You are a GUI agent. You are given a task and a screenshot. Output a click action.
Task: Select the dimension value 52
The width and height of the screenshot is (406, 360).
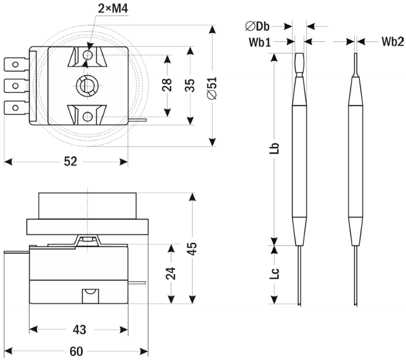tap(70, 161)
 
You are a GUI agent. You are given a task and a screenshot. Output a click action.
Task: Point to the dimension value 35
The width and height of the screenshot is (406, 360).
tap(189, 85)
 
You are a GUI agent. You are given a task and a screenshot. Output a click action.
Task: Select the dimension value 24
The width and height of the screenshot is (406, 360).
tap(171, 274)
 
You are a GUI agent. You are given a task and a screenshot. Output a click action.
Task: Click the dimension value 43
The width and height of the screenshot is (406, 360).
tap(79, 330)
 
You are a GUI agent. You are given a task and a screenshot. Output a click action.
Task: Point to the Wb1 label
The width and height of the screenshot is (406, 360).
tap(260, 42)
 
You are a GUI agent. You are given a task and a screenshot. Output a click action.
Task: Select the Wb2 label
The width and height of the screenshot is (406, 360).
tap(392, 42)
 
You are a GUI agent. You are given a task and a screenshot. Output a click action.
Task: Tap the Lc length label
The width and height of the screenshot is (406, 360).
tap(275, 275)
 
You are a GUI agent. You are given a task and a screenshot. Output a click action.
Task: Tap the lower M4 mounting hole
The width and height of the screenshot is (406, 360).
tap(88, 117)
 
